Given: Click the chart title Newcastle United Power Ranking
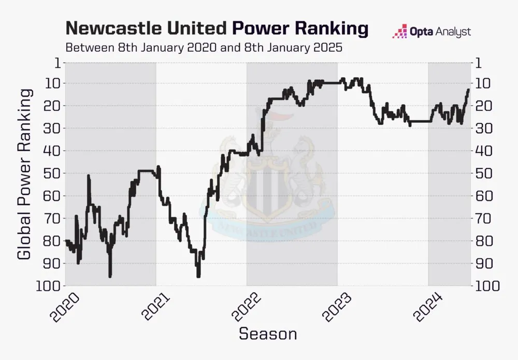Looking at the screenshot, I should (x=217, y=28).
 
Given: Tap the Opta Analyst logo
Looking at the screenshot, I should (x=431, y=32).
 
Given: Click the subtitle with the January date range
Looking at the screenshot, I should (x=204, y=48).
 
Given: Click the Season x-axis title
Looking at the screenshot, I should (x=268, y=334).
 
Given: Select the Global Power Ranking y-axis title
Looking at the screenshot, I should (x=25, y=174).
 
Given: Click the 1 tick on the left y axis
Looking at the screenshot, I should (x=56, y=63).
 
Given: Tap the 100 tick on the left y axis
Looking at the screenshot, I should (x=49, y=286).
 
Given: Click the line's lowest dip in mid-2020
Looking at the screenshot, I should (x=110, y=277).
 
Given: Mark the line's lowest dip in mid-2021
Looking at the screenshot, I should (x=198, y=277).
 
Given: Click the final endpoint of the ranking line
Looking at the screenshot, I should (x=468, y=90).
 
